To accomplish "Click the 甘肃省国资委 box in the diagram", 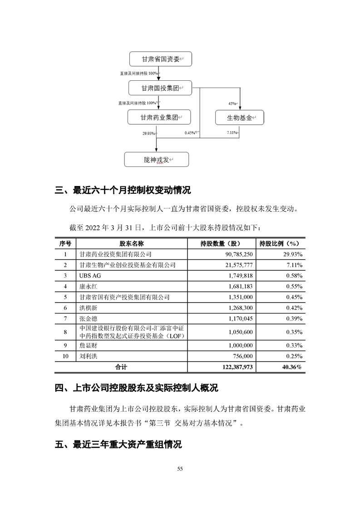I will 159,60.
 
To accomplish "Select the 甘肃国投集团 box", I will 159,88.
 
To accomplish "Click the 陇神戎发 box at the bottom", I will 156,160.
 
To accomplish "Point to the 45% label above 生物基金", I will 232,104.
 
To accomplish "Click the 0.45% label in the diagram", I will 190,133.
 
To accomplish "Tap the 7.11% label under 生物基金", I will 232,133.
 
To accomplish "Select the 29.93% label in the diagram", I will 148,133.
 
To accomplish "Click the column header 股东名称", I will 132,243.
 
